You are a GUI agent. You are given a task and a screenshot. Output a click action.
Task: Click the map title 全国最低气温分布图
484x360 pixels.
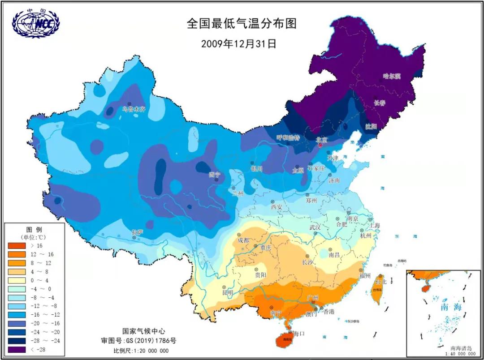(x=242, y=24)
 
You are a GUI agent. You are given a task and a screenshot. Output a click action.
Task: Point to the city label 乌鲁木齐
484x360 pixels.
(x=134, y=109)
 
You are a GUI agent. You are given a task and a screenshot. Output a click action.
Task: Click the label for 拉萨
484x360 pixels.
(x=138, y=232)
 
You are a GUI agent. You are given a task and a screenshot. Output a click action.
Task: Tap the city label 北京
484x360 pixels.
(x=322, y=140)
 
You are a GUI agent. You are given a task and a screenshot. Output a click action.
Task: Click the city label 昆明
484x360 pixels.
(x=228, y=292)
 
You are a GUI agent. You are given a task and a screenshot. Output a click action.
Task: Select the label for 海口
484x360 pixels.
(x=298, y=334)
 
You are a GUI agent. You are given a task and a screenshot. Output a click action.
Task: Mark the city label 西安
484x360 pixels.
(x=276, y=207)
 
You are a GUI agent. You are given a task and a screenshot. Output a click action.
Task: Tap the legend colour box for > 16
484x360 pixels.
(x=17, y=246)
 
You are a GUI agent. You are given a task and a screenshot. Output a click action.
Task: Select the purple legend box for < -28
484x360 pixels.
(x=17, y=349)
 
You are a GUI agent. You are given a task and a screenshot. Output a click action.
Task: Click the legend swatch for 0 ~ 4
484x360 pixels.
(x=17, y=280)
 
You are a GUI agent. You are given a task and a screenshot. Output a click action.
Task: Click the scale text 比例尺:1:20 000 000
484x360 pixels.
(x=141, y=351)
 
